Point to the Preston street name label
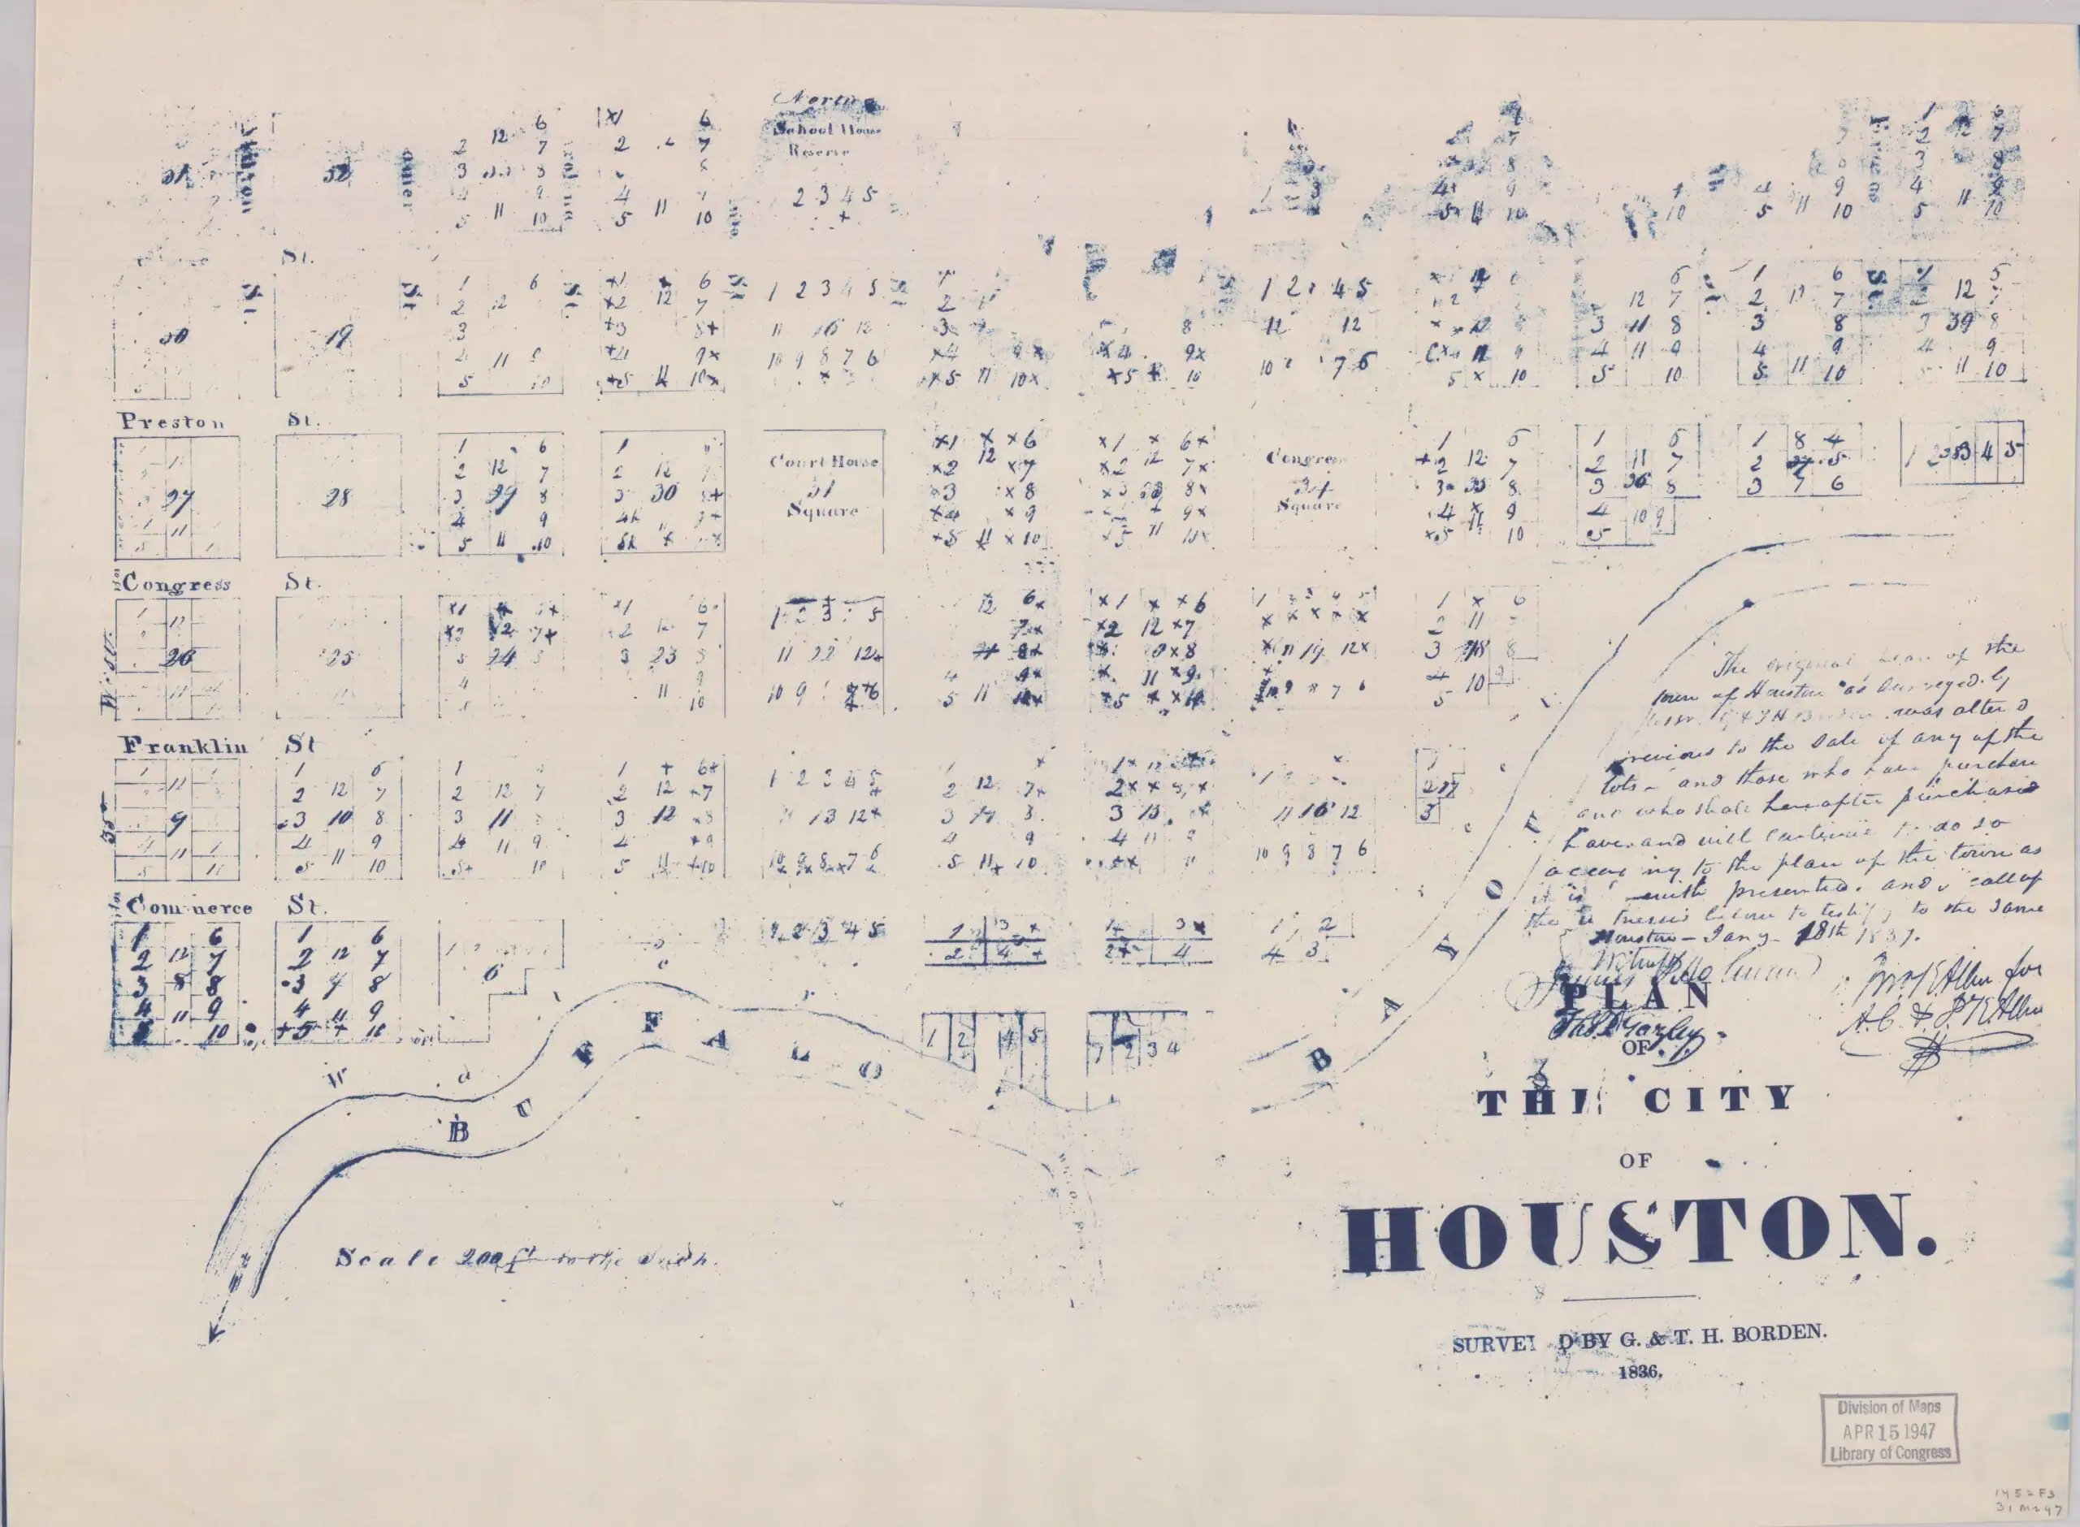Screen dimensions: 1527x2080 pyautogui.click(x=172, y=422)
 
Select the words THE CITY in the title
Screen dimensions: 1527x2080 pyautogui.click(x=1636, y=1100)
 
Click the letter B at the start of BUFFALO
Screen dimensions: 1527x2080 pyautogui.click(x=457, y=1131)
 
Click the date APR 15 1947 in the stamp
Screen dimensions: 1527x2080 pyautogui.click(x=1888, y=1431)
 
